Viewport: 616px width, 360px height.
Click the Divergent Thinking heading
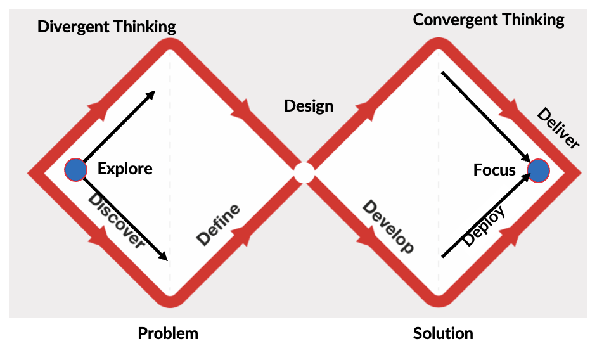[x=106, y=27]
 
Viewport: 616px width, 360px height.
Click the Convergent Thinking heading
[x=489, y=20]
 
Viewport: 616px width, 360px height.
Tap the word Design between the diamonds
[x=309, y=105]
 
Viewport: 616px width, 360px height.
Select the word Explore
[x=125, y=169]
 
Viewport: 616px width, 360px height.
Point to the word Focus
[x=494, y=170]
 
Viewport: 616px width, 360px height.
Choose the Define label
[x=219, y=224]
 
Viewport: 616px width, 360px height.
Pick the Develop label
[x=388, y=226]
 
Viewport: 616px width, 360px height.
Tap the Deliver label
[x=558, y=129]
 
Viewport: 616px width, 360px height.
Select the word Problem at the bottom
[x=168, y=333]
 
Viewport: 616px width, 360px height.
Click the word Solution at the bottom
[x=443, y=333]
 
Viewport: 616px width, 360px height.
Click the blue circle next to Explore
[x=75, y=169]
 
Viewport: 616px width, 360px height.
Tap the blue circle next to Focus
[x=539, y=170]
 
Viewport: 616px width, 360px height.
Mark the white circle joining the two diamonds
[x=304, y=172]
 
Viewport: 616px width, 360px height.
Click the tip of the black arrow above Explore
[x=154, y=93]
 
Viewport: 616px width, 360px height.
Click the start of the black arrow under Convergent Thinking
[x=443, y=73]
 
